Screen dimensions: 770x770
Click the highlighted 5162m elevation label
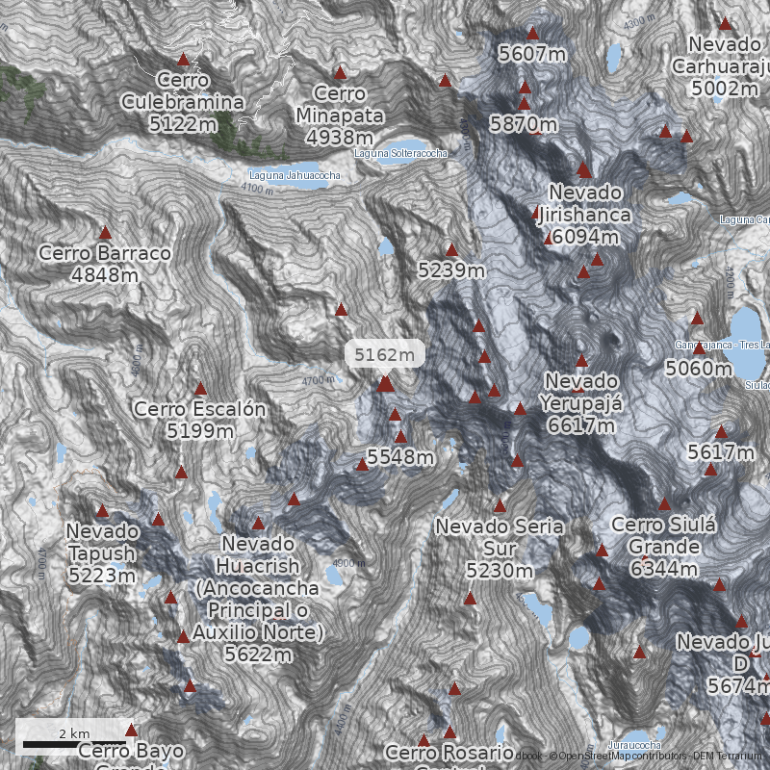(385, 354)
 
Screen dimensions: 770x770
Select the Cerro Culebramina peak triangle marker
(184, 60)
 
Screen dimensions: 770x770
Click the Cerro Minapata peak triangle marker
(340, 73)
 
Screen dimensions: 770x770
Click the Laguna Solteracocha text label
(400, 153)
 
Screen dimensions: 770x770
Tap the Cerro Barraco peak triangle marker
(105, 233)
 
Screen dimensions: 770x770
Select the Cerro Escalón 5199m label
(200, 420)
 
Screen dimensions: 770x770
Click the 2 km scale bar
(75, 743)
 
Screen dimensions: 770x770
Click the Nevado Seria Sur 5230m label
(499, 549)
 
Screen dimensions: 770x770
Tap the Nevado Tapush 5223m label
(102, 553)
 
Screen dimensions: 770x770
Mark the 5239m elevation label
(451, 270)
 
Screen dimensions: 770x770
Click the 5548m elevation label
(400, 457)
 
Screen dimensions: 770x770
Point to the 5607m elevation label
(532, 54)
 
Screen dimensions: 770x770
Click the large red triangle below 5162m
(385, 384)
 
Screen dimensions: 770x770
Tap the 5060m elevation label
(699, 368)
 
